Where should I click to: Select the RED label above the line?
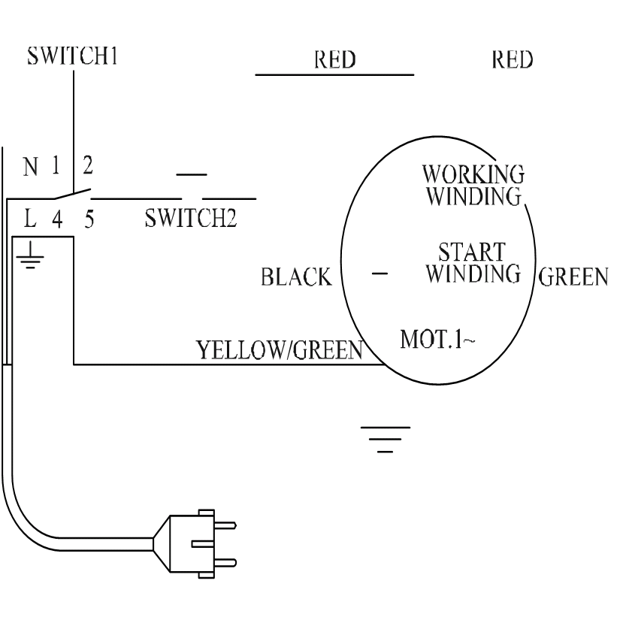click(334, 60)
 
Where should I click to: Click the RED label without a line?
click(513, 60)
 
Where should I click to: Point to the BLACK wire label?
click(296, 278)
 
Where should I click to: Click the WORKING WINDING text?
click(473, 185)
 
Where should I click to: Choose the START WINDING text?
click(473, 262)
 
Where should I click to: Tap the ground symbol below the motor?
click(385, 439)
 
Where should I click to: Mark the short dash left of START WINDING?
click(380, 274)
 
